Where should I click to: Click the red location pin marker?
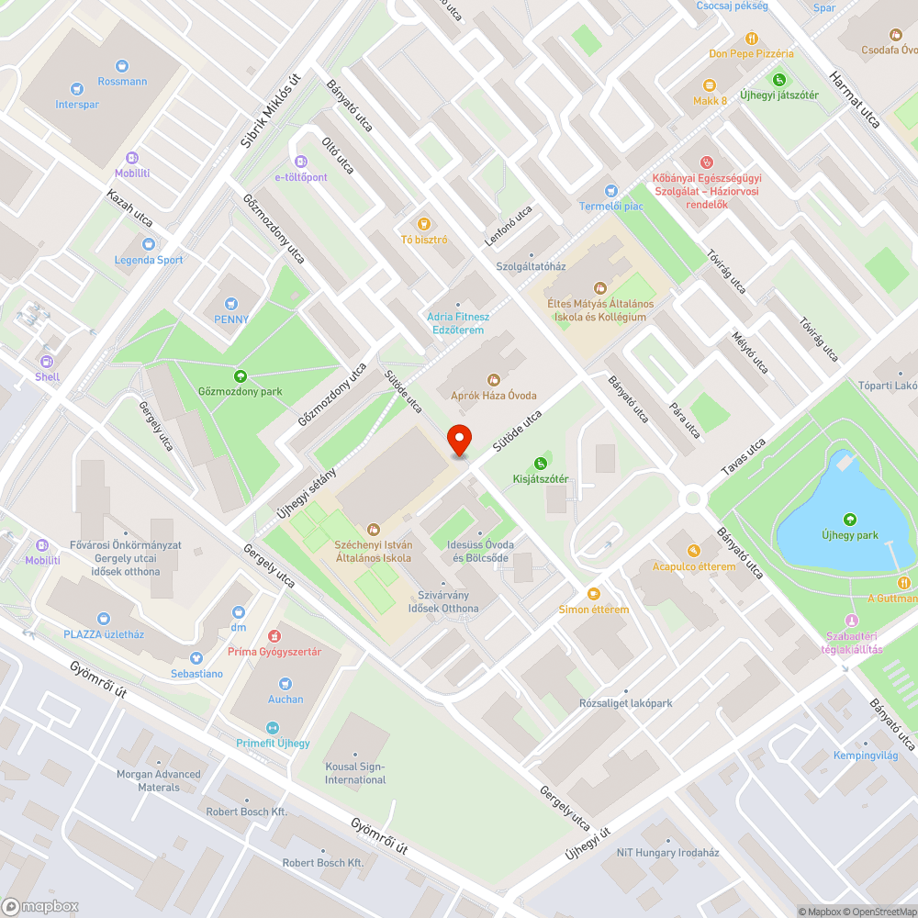point(458,440)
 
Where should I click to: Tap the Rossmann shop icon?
point(122,65)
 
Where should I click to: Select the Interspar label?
point(77,105)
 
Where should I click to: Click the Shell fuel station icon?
point(47,361)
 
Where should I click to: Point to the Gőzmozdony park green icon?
point(241,375)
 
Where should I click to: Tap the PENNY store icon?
point(231,303)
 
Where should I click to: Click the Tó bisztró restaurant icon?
point(423,223)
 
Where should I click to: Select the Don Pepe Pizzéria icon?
point(751,39)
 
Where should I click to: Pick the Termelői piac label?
point(610,207)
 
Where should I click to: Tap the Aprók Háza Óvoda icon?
point(493,379)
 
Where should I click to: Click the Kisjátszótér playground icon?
point(541,463)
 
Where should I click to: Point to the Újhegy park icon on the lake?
point(849,520)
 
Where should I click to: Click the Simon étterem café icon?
point(594,594)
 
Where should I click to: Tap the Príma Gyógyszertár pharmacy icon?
point(273,635)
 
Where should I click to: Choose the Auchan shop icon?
point(285,683)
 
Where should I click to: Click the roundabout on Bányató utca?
point(692,498)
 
